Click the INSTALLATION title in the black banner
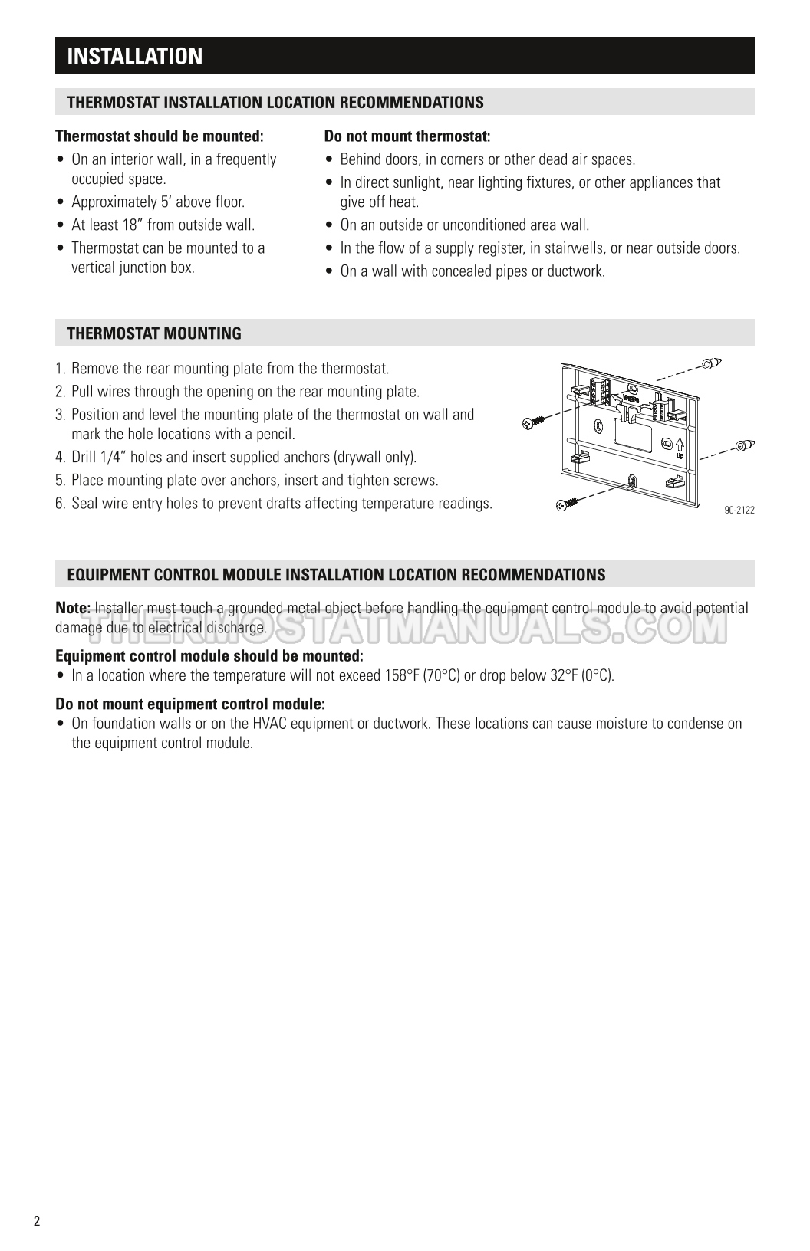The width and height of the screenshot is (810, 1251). (x=135, y=56)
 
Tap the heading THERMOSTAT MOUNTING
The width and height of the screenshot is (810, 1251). (x=154, y=333)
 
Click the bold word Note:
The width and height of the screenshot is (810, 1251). (x=73, y=608)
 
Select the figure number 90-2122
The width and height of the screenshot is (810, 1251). (x=739, y=510)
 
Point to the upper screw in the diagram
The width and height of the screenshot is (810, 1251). (x=534, y=422)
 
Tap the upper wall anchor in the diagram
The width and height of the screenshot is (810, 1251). (x=712, y=363)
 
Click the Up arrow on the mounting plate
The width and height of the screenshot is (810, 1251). (x=680, y=445)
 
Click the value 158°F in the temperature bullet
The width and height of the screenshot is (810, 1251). (x=402, y=675)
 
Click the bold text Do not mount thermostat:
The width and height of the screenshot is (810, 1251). (x=407, y=136)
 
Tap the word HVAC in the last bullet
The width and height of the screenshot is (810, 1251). (x=270, y=724)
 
